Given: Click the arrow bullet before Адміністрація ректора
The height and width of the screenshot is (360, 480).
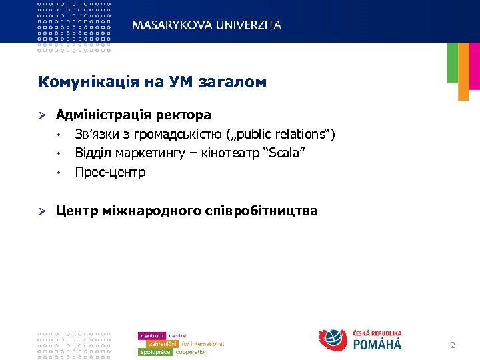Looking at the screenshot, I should point(41,115).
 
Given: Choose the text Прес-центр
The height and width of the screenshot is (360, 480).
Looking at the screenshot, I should point(110,172).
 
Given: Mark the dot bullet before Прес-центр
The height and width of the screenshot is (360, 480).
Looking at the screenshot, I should point(59,173).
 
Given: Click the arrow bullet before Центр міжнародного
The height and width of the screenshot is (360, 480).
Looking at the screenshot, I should point(41,211).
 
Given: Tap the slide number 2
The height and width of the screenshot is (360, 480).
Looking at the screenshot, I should point(453,345).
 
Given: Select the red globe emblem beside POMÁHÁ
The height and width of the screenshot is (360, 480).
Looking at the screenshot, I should point(333,340).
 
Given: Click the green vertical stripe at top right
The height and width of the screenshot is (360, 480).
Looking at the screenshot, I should point(453,63).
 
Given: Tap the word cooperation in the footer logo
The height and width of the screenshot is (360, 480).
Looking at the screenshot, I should point(192,351).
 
